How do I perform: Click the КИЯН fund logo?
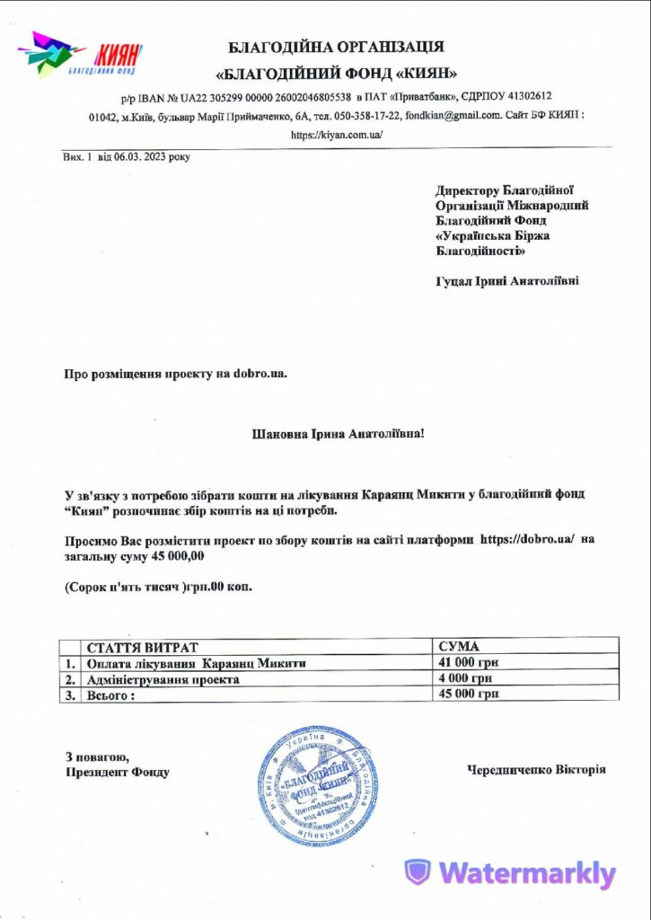(81, 55)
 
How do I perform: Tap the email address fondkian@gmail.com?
(446, 116)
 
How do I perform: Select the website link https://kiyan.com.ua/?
(337, 135)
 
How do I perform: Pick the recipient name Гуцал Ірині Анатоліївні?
(506, 280)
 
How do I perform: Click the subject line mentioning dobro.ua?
(176, 373)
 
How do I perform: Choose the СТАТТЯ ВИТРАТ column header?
(141, 647)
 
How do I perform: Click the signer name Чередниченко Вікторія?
(536, 770)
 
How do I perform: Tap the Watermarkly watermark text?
(526, 873)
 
